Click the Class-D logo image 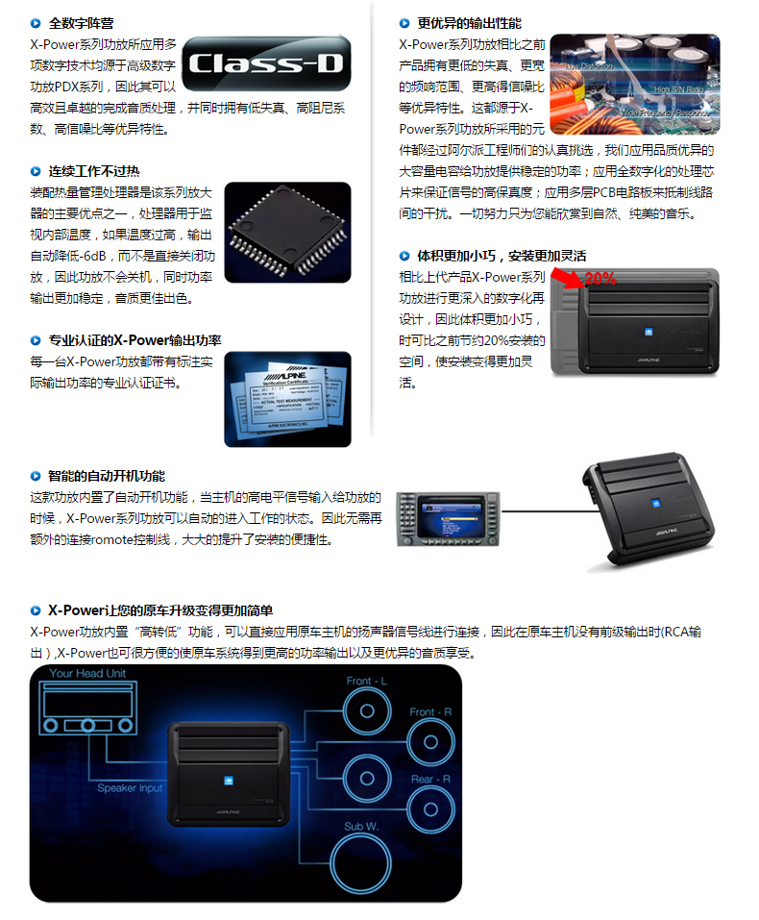[267, 64]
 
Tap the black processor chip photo [287, 232]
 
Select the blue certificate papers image [287, 399]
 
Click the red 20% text [600, 278]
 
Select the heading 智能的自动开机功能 [106, 476]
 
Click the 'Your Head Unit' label [88, 674]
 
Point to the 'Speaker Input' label [130, 788]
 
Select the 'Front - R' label [430, 711]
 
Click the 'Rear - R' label [430, 779]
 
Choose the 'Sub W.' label [362, 826]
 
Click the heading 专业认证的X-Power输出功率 [135, 340]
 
